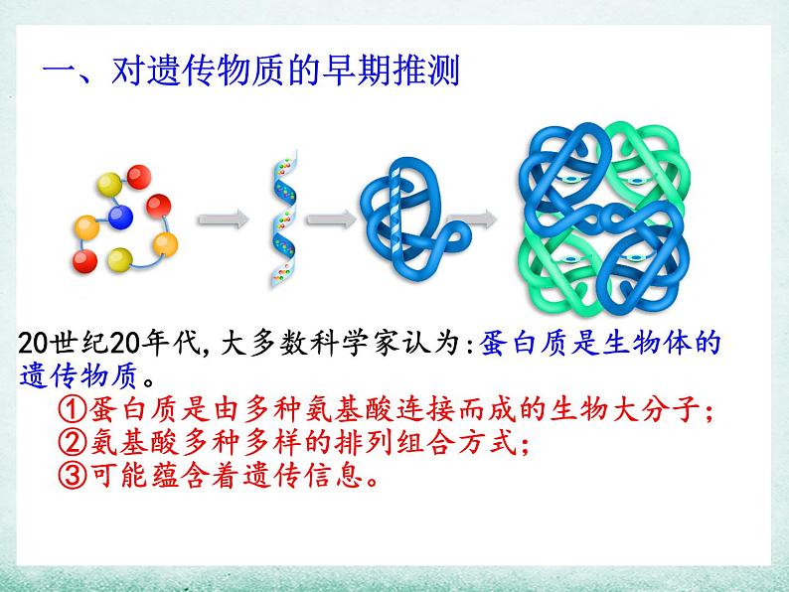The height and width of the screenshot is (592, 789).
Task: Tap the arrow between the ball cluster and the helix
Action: pos(224,220)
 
